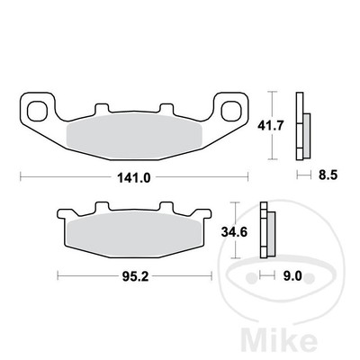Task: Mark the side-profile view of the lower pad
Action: [267, 233]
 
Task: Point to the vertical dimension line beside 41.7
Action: [270, 126]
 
